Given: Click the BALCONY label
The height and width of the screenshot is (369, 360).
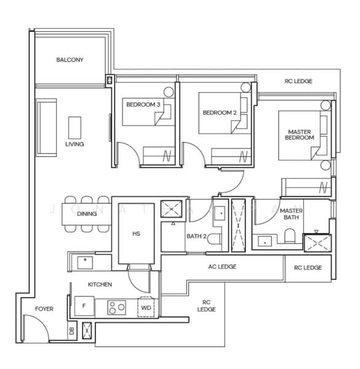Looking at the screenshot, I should click(x=70, y=60).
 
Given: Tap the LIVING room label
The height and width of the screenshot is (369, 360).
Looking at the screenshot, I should click(x=74, y=144).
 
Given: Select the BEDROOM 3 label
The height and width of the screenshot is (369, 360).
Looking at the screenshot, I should click(x=143, y=105).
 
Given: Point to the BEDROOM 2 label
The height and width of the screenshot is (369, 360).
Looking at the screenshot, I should click(x=220, y=113).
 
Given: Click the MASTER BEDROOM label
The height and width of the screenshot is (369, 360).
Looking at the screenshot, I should click(x=299, y=135).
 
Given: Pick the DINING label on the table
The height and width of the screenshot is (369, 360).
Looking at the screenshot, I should click(x=87, y=214).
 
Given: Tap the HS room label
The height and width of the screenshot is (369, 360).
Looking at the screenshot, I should click(x=137, y=234).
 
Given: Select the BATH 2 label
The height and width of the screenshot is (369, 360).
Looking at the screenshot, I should click(x=196, y=237).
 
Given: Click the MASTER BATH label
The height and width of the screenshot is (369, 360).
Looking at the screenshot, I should click(x=290, y=214).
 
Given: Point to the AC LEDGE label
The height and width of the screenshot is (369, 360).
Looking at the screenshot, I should click(x=222, y=266).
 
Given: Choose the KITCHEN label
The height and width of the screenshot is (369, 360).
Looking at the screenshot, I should click(x=100, y=285).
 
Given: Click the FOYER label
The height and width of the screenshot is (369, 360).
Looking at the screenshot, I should click(x=44, y=309).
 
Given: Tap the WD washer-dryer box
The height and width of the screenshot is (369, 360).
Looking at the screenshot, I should click(x=146, y=307).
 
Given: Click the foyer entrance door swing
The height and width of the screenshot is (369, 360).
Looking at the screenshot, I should click(x=34, y=326).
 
